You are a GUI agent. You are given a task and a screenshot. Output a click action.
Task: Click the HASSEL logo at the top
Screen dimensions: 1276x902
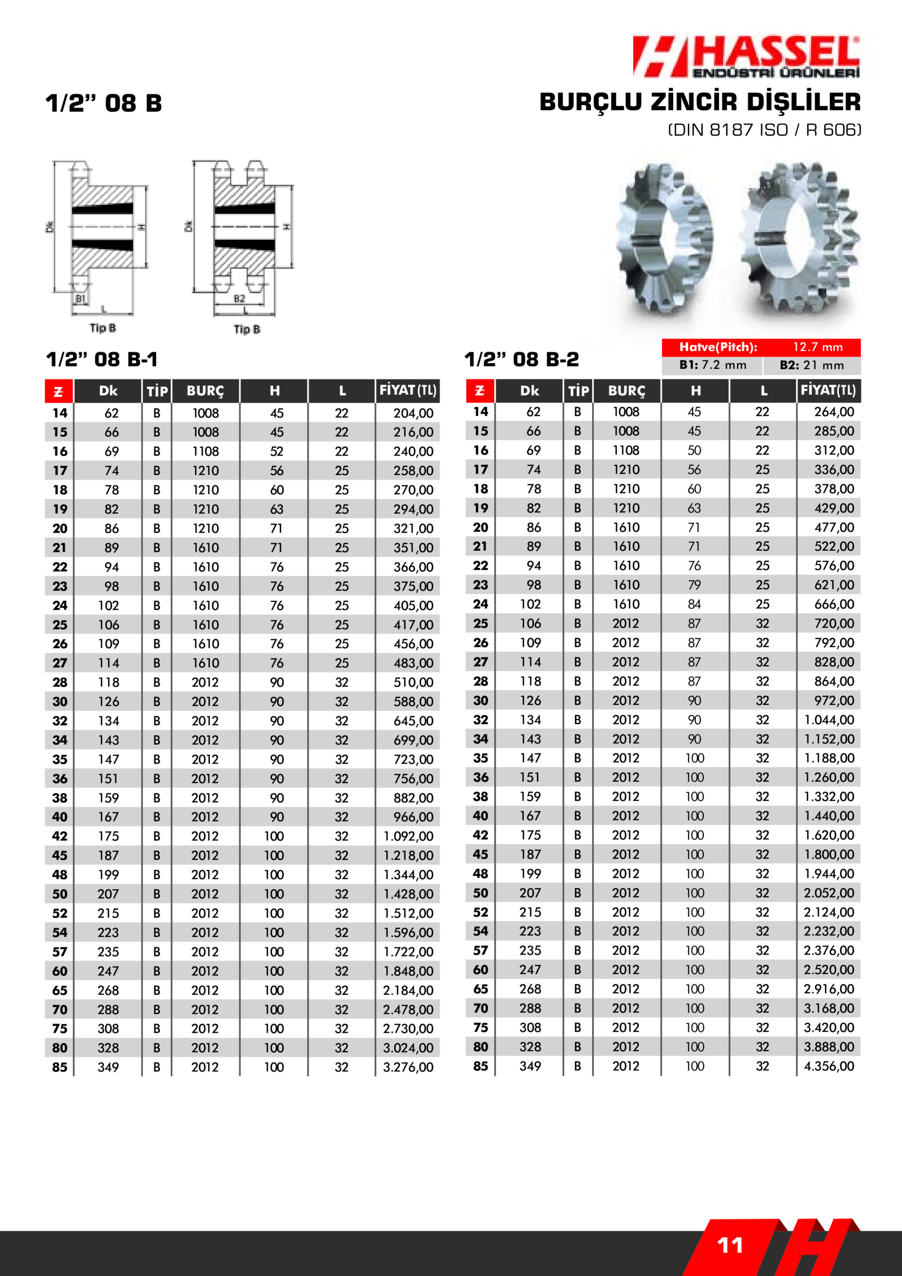746,57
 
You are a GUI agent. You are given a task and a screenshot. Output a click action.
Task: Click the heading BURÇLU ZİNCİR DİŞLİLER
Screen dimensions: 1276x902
700,102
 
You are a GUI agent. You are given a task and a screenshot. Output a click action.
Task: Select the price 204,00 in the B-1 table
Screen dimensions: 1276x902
413,413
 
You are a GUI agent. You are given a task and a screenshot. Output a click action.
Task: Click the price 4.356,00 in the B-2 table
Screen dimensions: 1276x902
829,1066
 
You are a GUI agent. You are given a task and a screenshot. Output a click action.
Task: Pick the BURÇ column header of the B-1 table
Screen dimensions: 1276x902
205,391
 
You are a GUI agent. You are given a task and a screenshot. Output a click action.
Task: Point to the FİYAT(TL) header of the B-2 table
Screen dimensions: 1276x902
828,390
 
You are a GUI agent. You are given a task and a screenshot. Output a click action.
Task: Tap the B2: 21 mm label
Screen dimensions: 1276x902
811,365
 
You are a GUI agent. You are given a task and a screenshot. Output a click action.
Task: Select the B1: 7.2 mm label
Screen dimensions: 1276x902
713,365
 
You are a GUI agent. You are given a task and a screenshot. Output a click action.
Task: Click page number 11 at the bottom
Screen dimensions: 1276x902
730,1246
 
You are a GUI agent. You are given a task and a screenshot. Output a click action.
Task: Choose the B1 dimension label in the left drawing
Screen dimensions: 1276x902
81,299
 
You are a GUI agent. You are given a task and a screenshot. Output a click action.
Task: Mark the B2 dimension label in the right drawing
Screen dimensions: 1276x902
240,299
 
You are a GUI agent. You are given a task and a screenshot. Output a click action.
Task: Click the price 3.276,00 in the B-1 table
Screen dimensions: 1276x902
408,1067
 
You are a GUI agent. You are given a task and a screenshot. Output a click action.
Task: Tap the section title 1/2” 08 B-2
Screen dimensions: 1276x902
521,359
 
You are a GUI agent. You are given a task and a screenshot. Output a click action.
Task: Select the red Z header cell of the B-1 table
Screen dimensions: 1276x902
58,391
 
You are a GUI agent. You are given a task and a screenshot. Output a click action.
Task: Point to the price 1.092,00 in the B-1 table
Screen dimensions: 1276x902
408,836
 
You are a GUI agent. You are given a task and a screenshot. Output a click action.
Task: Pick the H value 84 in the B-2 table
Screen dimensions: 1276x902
694,604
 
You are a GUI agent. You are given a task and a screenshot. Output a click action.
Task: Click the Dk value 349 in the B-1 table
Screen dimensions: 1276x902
108,1067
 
